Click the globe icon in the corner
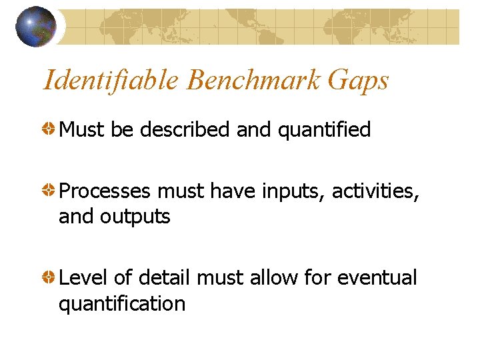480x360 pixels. click(36, 27)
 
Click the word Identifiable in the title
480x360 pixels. click(111, 81)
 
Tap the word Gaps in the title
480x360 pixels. click(358, 81)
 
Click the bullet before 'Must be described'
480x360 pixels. click(50, 129)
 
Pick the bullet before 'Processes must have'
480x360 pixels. click(50, 191)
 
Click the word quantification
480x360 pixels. click(122, 304)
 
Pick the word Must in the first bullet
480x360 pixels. click(82, 129)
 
